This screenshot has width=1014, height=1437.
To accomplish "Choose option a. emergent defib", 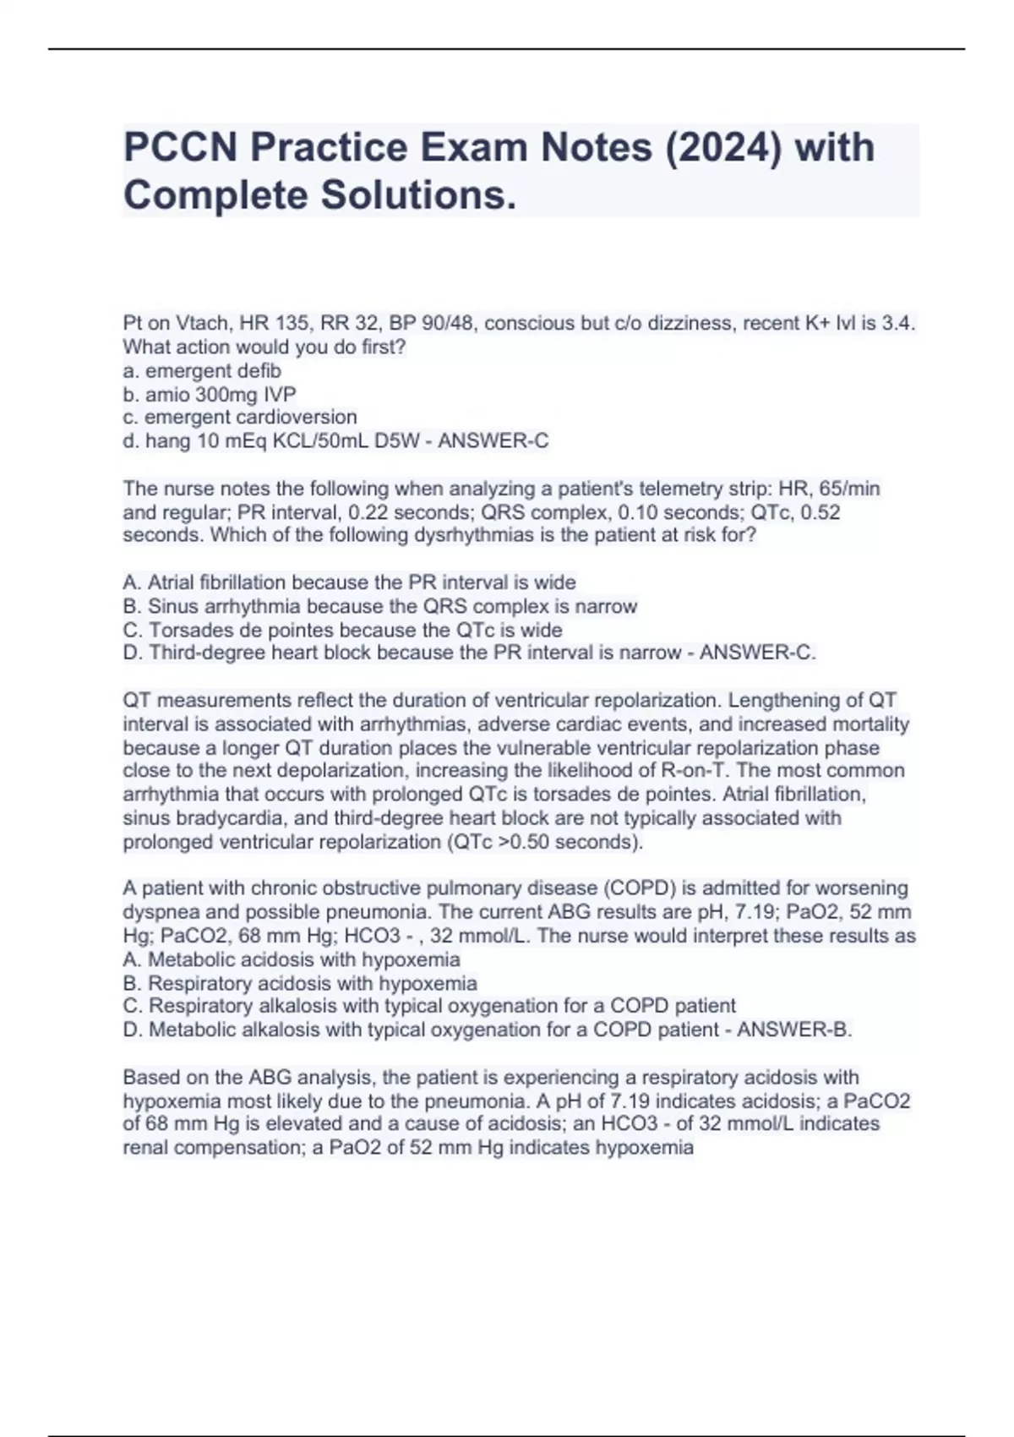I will point(202,370).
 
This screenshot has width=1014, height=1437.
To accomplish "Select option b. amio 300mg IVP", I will point(210,394).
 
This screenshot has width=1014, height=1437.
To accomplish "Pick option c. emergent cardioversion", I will point(240,417).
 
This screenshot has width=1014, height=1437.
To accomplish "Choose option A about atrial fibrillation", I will point(349,582).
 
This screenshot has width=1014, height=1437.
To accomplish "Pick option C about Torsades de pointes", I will point(342,630).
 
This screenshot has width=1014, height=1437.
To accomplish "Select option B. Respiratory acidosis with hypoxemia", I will point(300,983).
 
